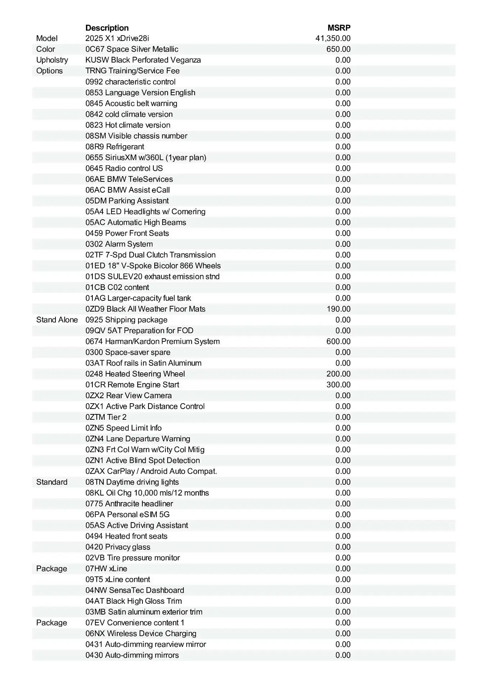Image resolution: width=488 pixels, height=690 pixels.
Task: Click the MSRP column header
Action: (x=339, y=28)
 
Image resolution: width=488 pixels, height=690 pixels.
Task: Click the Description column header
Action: (x=107, y=28)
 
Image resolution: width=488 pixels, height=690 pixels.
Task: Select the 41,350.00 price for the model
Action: (x=333, y=38)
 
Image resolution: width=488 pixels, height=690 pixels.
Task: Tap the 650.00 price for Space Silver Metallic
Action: (x=338, y=49)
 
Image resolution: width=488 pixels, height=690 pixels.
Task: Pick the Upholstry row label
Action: (x=52, y=60)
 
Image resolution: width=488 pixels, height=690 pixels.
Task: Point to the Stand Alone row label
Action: (x=57, y=320)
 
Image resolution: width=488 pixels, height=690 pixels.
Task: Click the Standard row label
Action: (x=52, y=482)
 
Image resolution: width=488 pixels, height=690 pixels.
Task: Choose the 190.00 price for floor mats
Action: (x=338, y=309)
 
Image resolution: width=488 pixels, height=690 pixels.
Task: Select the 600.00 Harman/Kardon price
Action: (x=338, y=341)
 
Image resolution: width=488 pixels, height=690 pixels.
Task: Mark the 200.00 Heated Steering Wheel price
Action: (x=338, y=374)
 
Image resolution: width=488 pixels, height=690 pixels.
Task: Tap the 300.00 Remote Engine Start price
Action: (x=338, y=385)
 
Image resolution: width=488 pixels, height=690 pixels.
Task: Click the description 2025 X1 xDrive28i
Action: (x=117, y=38)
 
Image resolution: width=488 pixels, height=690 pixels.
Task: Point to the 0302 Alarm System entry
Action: (x=119, y=244)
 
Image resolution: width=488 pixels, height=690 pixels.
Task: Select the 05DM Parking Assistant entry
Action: (x=127, y=201)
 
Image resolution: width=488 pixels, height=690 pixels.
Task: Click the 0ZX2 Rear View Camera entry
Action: (x=128, y=396)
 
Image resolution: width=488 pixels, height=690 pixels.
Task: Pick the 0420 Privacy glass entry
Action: (x=118, y=547)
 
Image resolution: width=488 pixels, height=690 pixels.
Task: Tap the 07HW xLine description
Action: (x=106, y=569)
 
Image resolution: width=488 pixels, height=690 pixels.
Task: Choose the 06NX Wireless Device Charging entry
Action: (x=141, y=634)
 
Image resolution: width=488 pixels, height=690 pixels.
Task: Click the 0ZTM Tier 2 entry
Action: (x=106, y=417)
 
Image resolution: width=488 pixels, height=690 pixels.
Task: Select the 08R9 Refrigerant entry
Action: (x=115, y=147)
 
